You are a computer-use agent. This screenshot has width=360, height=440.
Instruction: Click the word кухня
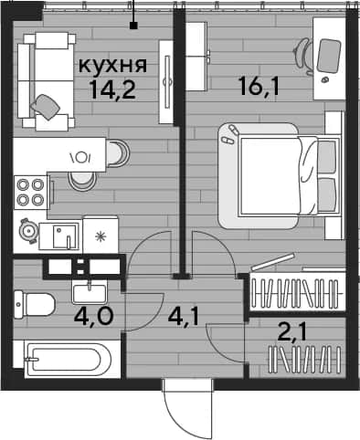pyautogui.click(x=113, y=66)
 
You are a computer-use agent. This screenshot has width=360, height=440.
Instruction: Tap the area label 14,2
pyautogui.click(x=113, y=90)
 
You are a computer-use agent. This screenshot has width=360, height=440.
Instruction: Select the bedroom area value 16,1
pyautogui.click(x=259, y=86)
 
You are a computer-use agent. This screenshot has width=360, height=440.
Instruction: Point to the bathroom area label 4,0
pyautogui.click(x=94, y=317)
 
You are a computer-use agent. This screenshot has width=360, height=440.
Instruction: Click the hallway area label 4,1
pyautogui.click(x=184, y=317)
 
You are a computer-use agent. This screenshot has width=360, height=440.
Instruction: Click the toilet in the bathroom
pyautogui.click(x=34, y=305)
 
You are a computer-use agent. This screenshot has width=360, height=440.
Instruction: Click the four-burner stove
pyautogui.click(x=30, y=192)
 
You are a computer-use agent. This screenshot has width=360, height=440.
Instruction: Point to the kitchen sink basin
pyautogui.click(x=65, y=236)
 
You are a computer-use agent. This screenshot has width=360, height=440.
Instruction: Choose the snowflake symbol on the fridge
pyautogui.click(x=100, y=236)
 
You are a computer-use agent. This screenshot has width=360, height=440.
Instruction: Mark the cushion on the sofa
pyautogui.click(x=46, y=107)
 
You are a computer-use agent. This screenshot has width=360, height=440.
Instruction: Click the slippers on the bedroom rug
pyautogui.click(x=230, y=134)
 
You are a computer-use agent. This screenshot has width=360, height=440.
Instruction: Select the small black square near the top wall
pyautogui.click(x=133, y=26)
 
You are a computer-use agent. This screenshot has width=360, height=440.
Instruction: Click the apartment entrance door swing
pyautogui.click(x=187, y=409)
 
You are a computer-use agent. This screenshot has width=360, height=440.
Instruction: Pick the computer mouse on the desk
pyautogui.click(x=325, y=79)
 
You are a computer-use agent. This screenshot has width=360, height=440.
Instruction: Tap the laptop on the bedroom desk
pyautogui.click(x=329, y=56)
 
